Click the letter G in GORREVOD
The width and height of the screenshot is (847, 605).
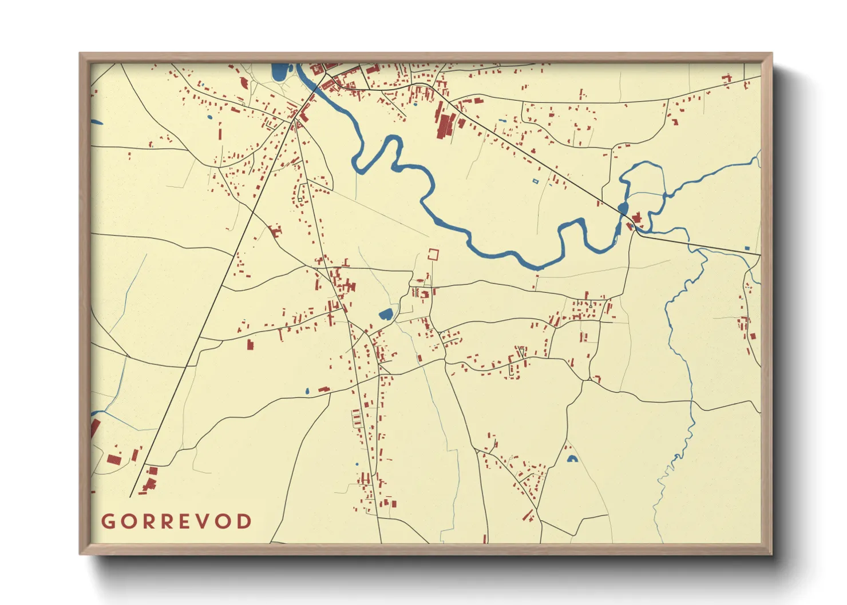pos(108,522)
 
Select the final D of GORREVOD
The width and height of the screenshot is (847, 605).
pos(244,522)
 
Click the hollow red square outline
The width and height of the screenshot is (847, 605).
pos(434,254)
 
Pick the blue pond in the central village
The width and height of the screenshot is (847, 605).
pos(386,314)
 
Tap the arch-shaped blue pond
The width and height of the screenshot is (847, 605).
pos(571,459)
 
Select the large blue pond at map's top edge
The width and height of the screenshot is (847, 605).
pos(279,72)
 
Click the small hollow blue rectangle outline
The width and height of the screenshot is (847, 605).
pos(536,181)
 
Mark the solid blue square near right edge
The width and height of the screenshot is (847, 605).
pos(747,249)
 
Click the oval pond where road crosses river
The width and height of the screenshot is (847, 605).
pos(623,207)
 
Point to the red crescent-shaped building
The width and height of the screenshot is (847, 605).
pos(245,83)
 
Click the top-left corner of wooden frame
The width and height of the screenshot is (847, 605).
pos(81,54)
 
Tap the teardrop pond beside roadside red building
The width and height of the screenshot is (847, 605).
pos(307,392)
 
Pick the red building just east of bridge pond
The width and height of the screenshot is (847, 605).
pos(636,217)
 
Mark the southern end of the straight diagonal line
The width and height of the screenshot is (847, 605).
pos(131,496)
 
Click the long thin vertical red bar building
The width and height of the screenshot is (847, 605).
pos(220,134)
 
